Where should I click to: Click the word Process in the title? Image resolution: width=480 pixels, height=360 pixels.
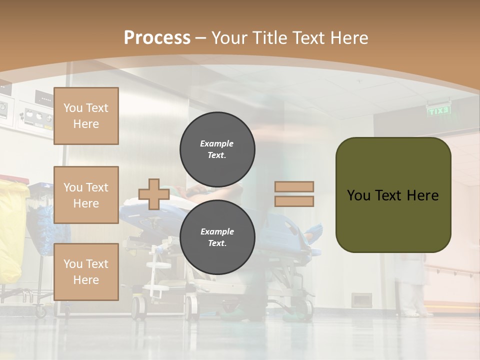pyautogui.click(x=157, y=38)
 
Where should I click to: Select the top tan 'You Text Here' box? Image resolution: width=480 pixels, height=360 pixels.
pyautogui.click(x=86, y=116)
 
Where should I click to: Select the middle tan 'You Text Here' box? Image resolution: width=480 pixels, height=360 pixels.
pyautogui.click(x=86, y=195)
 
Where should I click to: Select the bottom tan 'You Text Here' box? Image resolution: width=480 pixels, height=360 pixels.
pyautogui.click(x=86, y=272)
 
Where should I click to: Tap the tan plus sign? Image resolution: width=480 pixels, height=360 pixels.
pyautogui.click(x=153, y=194)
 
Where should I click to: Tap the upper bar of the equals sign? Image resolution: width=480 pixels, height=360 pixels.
pyautogui.click(x=294, y=186)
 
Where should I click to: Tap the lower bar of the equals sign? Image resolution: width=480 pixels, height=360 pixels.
pyautogui.click(x=294, y=201)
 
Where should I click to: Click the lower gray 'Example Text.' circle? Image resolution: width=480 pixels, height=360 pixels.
pyautogui.click(x=217, y=237)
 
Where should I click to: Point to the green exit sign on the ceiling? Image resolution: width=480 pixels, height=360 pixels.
pyautogui.click(x=438, y=110)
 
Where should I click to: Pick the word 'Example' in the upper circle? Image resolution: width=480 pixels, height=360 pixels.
pyautogui.click(x=217, y=143)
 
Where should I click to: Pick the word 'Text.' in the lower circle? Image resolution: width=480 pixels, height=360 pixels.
pyautogui.click(x=217, y=243)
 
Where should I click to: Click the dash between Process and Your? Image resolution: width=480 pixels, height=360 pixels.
pyautogui.click(x=201, y=38)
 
